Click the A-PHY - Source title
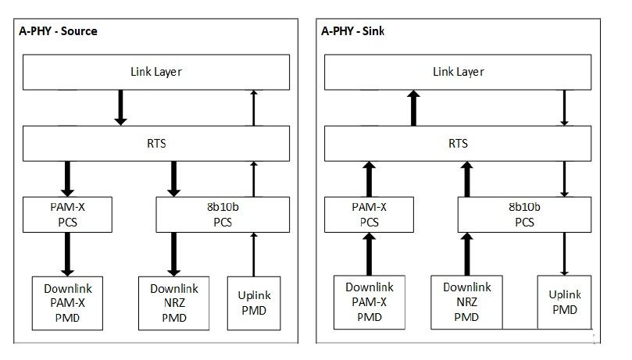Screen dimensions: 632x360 [58, 31]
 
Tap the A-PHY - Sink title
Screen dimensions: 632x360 [352, 31]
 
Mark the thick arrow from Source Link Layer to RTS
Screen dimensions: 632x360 [120, 108]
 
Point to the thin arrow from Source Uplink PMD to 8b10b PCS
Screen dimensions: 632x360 [254, 255]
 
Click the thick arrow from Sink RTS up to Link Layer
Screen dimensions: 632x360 [413, 108]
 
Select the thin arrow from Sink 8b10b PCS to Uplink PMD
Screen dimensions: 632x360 [564, 254]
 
